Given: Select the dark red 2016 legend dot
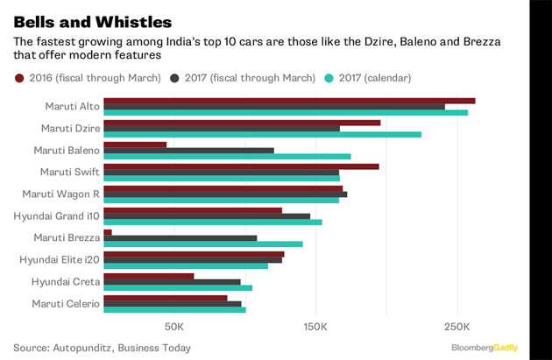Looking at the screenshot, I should [19, 78].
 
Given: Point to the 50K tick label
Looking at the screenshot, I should [173, 327].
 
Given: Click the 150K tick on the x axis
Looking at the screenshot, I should [315, 327].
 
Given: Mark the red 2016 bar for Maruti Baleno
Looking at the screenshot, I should [135, 145].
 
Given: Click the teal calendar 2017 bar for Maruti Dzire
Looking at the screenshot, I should [262, 134].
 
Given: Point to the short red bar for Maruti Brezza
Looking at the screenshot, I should [108, 232].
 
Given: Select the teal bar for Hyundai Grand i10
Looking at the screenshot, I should [213, 222].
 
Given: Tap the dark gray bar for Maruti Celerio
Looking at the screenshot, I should [173, 303].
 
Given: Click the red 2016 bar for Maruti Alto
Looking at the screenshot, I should [289, 101].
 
